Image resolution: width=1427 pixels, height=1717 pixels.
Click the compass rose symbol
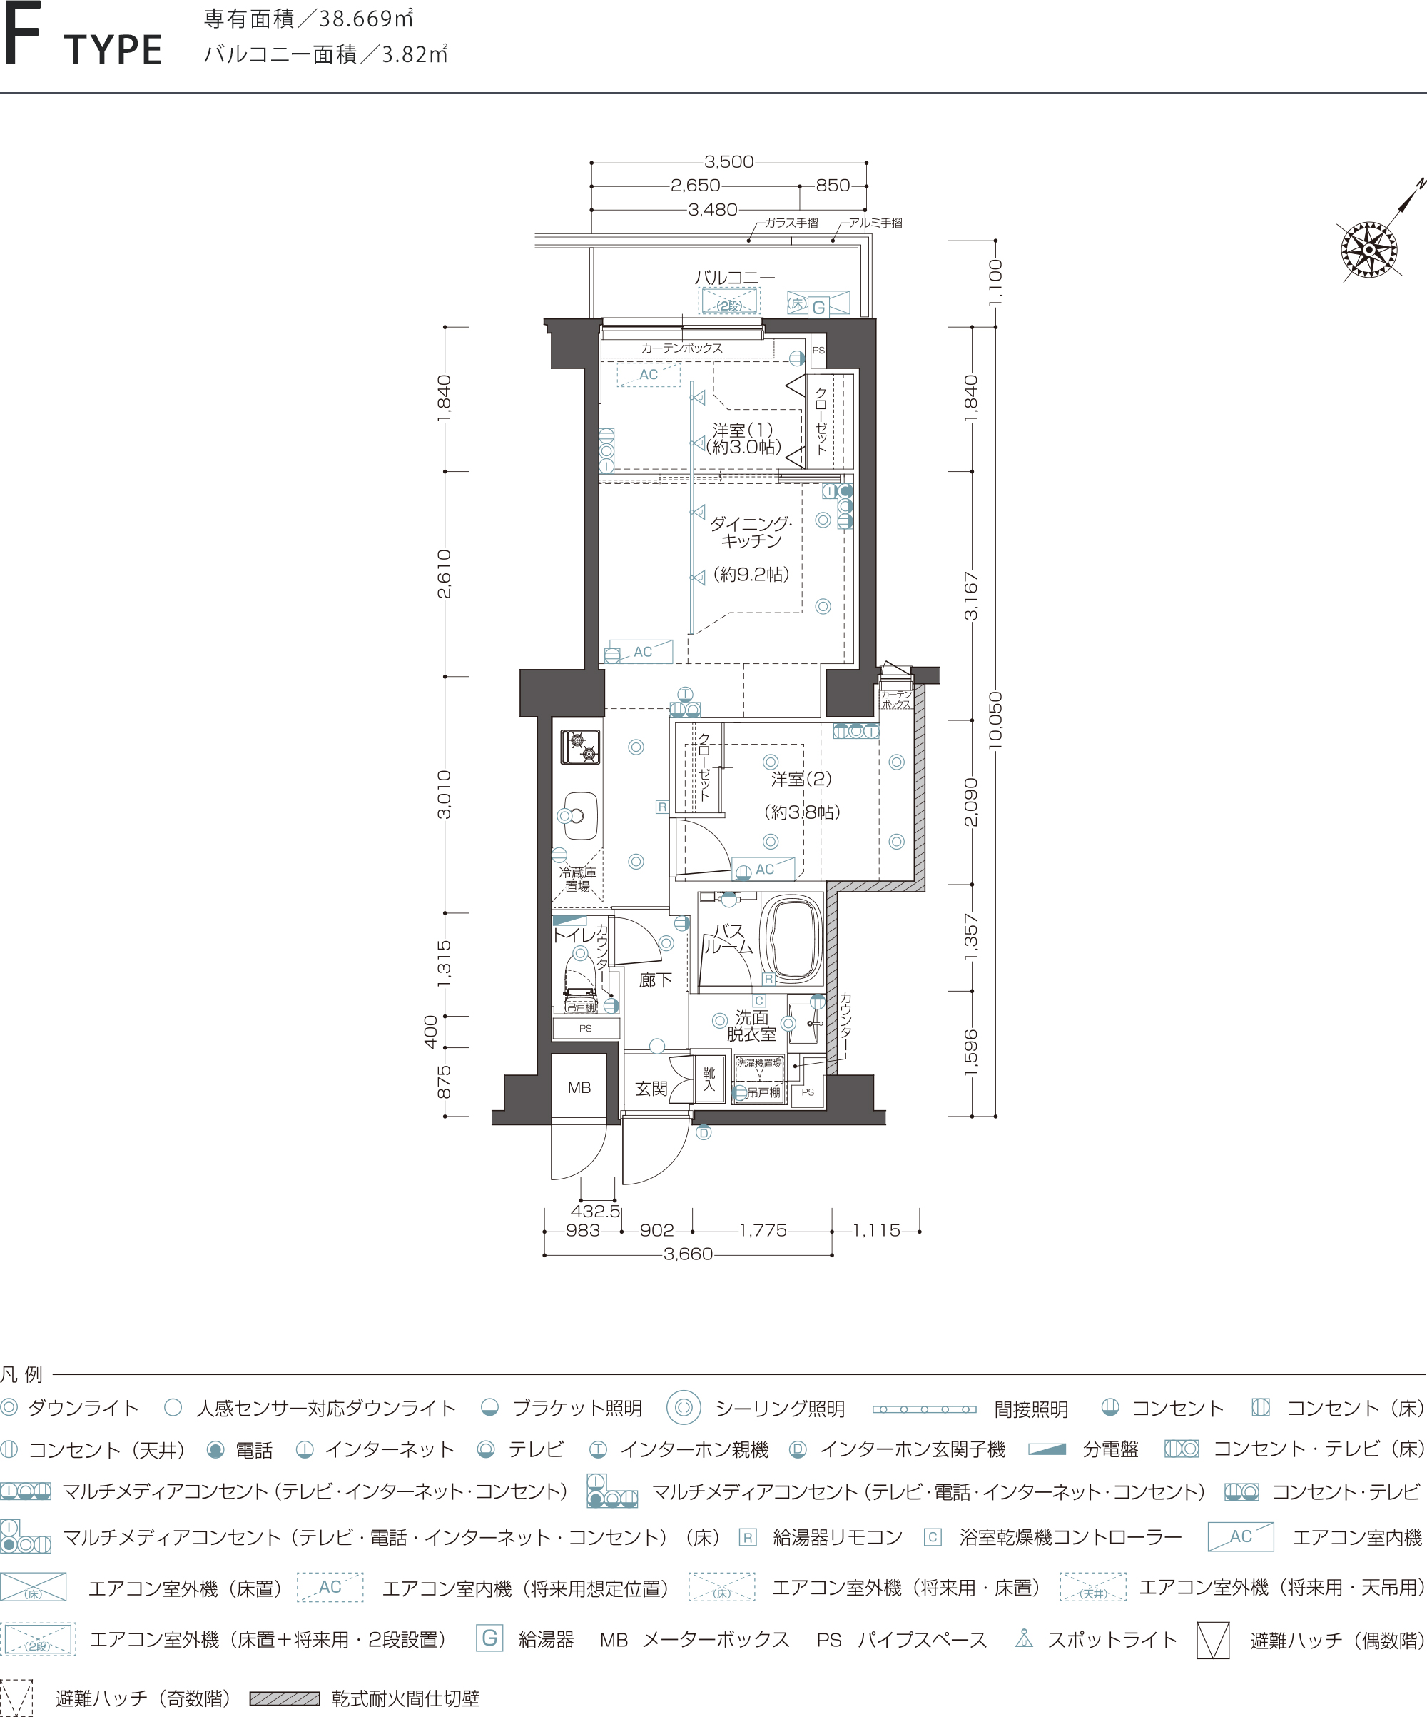(1369, 249)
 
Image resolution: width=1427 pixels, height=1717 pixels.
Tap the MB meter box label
(579, 1087)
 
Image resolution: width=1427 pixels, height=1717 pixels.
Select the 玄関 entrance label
(651, 1089)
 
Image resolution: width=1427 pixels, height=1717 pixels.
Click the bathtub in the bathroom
(791, 940)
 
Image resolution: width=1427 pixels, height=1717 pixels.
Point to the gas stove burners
(580, 747)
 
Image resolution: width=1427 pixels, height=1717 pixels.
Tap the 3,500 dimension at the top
(729, 162)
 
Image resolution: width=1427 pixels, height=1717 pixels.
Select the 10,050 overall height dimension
(995, 720)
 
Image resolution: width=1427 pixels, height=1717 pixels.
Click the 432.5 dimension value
(595, 1211)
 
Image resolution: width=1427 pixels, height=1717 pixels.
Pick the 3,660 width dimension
(688, 1254)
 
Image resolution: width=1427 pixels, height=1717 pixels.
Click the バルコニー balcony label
(735, 278)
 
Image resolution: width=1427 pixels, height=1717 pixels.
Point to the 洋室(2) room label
(801, 779)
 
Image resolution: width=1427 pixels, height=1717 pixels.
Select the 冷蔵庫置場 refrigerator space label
(577, 879)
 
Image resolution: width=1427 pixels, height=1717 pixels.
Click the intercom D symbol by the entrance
(704, 1132)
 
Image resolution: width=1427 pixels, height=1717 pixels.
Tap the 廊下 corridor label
(656, 980)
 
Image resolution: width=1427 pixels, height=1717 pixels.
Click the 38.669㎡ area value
(366, 18)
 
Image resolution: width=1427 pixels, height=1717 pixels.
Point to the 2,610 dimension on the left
(444, 574)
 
